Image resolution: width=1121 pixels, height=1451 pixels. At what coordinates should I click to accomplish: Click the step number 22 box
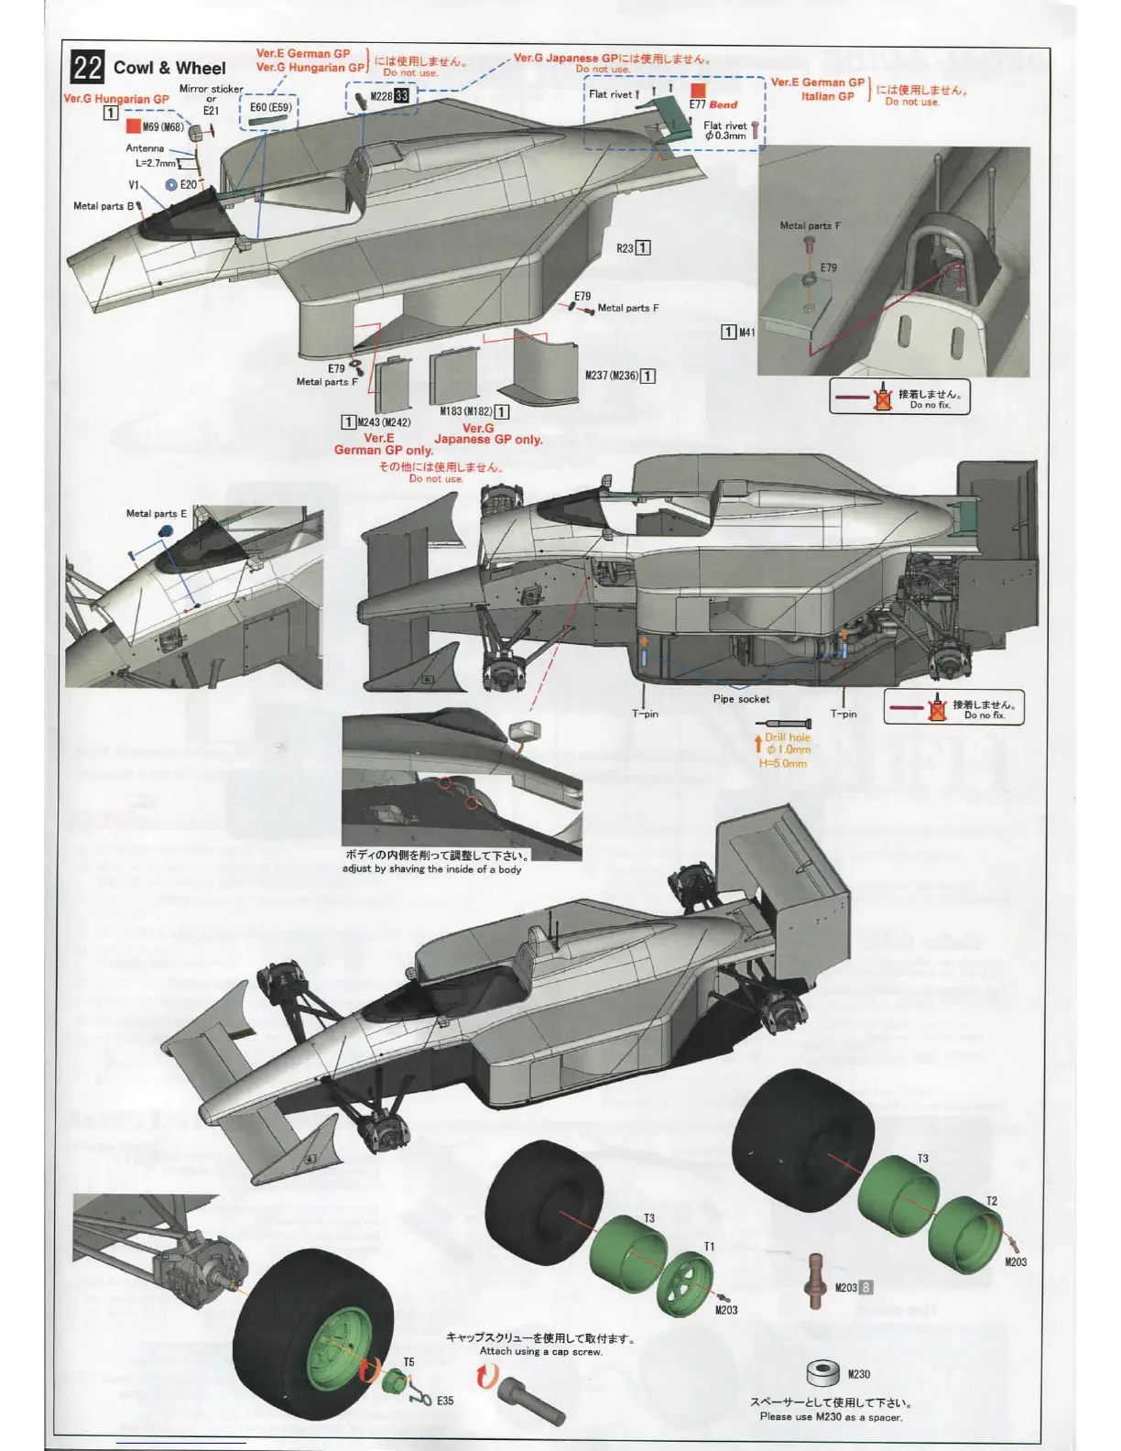(x=88, y=68)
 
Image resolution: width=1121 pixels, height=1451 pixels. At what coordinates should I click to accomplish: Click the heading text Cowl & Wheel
(x=169, y=68)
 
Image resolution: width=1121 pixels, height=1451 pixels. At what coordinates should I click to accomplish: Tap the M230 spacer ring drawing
(x=822, y=1372)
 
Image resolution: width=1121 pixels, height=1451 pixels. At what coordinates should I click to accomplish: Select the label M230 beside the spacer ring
(x=858, y=1374)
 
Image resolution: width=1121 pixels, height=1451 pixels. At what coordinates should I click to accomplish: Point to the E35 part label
(x=444, y=1401)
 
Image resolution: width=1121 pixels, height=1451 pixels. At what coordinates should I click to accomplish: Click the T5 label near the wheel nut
(x=408, y=1362)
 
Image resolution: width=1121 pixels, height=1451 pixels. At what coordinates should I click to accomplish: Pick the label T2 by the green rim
(x=992, y=1201)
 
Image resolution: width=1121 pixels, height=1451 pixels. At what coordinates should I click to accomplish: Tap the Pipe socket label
(x=741, y=699)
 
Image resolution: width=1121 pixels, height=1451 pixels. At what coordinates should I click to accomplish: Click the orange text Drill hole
(x=788, y=737)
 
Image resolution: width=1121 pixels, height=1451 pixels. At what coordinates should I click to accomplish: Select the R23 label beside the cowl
(x=625, y=248)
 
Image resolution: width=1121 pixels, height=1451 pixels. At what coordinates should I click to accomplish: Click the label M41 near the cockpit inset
(x=747, y=333)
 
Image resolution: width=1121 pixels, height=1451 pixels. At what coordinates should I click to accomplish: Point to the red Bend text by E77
(x=723, y=104)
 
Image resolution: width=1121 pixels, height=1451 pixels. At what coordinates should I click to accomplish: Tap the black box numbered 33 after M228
(x=402, y=96)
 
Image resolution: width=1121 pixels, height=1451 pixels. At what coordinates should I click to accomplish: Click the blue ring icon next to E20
(x=170, y=185)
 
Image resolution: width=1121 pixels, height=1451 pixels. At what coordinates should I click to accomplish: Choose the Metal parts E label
(x=156, y=514)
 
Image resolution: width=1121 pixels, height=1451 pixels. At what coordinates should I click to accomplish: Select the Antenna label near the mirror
(x=145, y=148)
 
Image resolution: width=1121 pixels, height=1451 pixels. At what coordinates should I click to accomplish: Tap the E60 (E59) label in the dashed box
(x=270, y=107)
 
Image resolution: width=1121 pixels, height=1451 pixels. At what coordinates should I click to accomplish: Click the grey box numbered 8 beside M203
(x=865, y=1287)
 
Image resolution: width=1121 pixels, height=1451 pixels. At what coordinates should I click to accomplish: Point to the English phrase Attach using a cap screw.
(x=540, y=1351)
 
